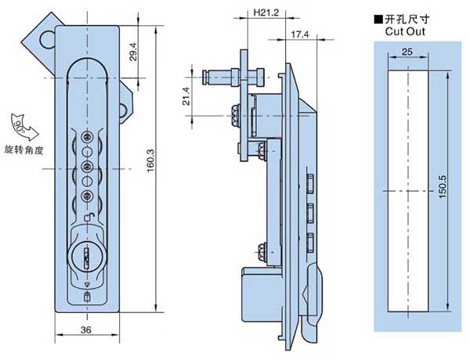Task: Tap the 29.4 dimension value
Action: coord(133,52)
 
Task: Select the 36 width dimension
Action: coord(86,329)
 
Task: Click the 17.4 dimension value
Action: coord(298,34)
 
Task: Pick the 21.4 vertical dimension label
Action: coord(186,95)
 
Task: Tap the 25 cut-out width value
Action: coord(407,51)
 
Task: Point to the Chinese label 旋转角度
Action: coord(22,149)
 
